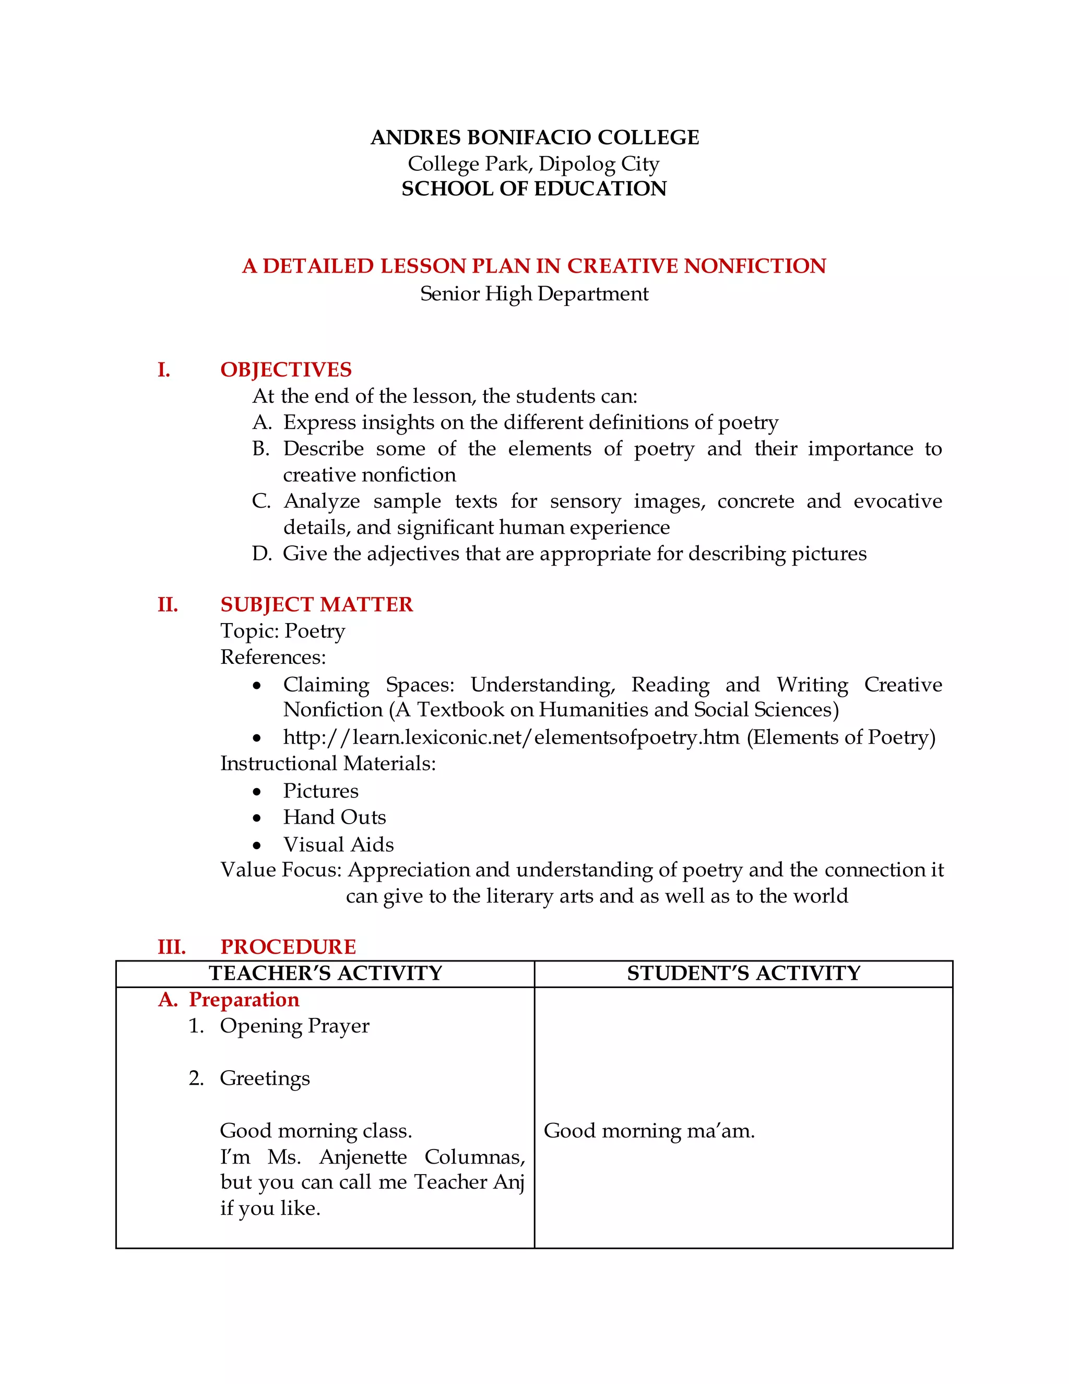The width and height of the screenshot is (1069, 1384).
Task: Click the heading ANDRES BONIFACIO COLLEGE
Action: click(534, 137)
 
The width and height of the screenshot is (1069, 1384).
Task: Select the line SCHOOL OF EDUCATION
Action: click(534, 189)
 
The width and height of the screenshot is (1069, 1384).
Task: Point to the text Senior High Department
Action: click(534, 294)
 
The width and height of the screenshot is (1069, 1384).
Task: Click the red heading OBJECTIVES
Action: click(286, 369)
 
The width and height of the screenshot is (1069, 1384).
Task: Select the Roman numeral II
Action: click(168, 605)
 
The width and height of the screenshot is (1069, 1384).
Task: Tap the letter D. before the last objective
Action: click(261, 554)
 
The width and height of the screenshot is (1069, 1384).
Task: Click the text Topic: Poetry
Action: click(282, 631)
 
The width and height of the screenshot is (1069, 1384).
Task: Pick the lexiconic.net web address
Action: click(511, 737)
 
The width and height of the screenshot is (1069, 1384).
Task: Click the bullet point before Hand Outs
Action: click(256, 818)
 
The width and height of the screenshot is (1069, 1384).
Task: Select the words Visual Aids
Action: click(338, 845)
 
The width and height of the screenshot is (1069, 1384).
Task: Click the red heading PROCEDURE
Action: click(288, 947)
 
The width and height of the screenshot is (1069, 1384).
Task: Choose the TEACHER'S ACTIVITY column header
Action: click(326, 974)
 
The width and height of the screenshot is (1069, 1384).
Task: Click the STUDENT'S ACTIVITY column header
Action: click(743, 974)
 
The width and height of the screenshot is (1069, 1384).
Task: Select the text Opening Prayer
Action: click(294, 1026)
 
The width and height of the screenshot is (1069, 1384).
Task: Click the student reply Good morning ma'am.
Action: click(649, 1131)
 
